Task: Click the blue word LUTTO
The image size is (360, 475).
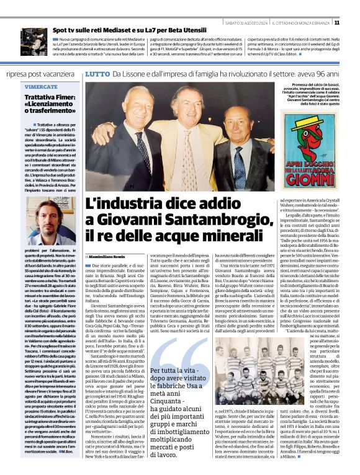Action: tap(97, 74)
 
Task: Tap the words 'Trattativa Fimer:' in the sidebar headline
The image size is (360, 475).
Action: tap(51, 97)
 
